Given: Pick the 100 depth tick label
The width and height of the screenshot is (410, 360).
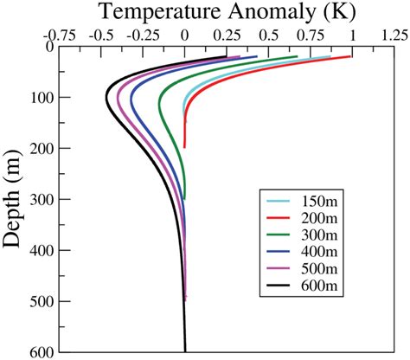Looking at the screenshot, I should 39,97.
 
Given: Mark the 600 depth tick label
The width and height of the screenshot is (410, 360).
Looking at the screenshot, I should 39,352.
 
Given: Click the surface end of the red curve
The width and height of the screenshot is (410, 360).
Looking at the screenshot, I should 351,56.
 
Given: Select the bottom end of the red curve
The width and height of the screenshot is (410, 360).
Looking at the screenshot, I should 185,147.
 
